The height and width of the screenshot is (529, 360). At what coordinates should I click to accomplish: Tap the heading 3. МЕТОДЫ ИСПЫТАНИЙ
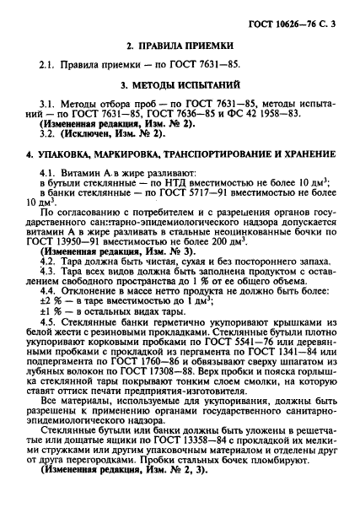pyautogui.click(x=180, y=86)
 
